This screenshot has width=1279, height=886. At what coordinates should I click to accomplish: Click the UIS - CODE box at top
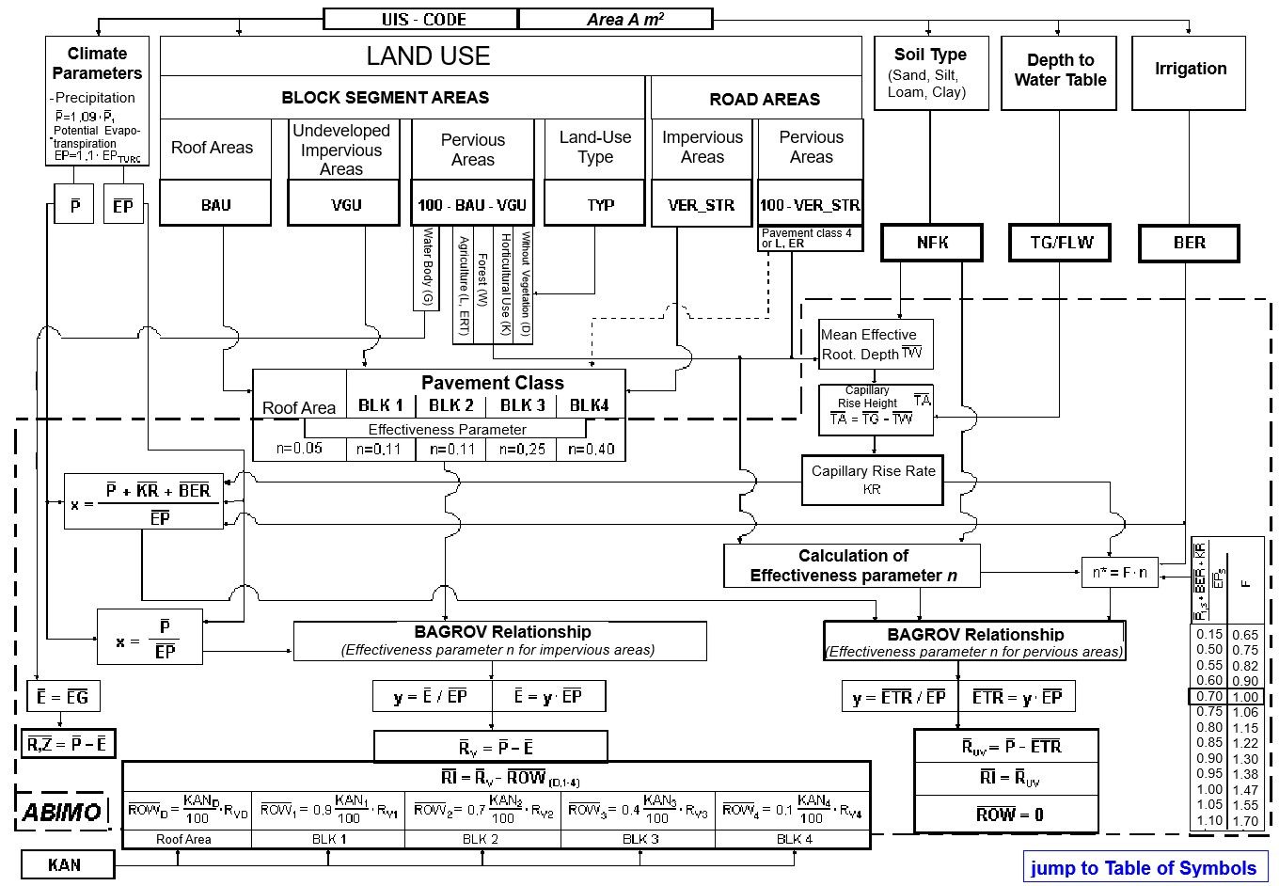pos(420,19)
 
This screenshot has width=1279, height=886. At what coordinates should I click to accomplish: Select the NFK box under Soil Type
pos(931,243)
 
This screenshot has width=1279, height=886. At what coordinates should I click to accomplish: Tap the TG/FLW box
pos(1060,243)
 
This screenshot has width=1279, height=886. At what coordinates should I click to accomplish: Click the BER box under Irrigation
pos(1189,243)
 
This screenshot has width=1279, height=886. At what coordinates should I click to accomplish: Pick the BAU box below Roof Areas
pos(215,204)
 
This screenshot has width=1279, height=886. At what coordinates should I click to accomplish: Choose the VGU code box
pos(344,204)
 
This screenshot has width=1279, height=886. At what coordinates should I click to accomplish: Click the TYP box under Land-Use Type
pos(594,204)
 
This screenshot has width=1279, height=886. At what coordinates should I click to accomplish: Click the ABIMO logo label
pos(62,812)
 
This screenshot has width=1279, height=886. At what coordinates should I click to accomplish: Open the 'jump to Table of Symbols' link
pos(1144,867)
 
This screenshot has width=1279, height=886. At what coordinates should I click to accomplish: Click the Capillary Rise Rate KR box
pos(872,479)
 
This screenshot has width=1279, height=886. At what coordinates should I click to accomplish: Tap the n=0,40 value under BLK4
pos(591,449)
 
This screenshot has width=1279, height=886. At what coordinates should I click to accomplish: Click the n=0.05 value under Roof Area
pos(299,449)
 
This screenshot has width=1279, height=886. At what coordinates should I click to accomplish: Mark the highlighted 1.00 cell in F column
pos(1244,697)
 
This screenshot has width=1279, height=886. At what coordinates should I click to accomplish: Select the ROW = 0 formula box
pos(1006,815)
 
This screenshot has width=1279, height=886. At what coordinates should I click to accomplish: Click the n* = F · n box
pos(1119,572)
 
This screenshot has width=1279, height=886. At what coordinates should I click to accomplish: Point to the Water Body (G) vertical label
pos(426,268)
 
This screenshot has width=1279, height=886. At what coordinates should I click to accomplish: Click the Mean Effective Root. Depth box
pos(875,344)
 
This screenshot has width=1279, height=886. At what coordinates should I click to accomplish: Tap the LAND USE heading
pos(428,56)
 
